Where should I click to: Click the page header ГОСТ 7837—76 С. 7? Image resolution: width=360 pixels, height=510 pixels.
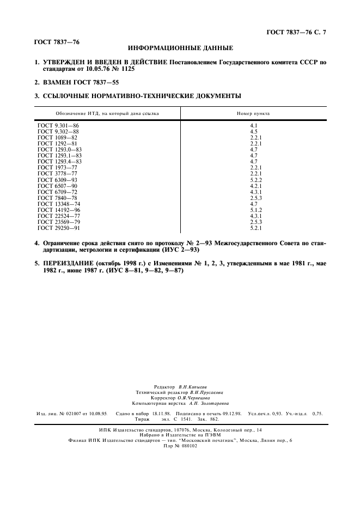tap(296, 33)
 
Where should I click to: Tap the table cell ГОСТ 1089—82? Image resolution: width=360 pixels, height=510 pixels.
tap(57, 138)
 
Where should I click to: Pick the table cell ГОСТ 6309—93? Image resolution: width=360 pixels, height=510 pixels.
tap(57, 180)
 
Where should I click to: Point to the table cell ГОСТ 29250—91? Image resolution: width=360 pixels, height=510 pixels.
tap(59, 228)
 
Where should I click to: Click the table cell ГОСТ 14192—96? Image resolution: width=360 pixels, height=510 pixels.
tap(59, 210)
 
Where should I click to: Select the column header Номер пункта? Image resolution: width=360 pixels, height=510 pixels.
tap(253, 113)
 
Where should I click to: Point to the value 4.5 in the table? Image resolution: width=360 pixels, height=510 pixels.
tap(253, 132)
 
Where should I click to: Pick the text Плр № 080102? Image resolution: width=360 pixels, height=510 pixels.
tap(180, 446)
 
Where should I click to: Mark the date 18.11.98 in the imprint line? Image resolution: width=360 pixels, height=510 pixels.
tap(157, 414)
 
